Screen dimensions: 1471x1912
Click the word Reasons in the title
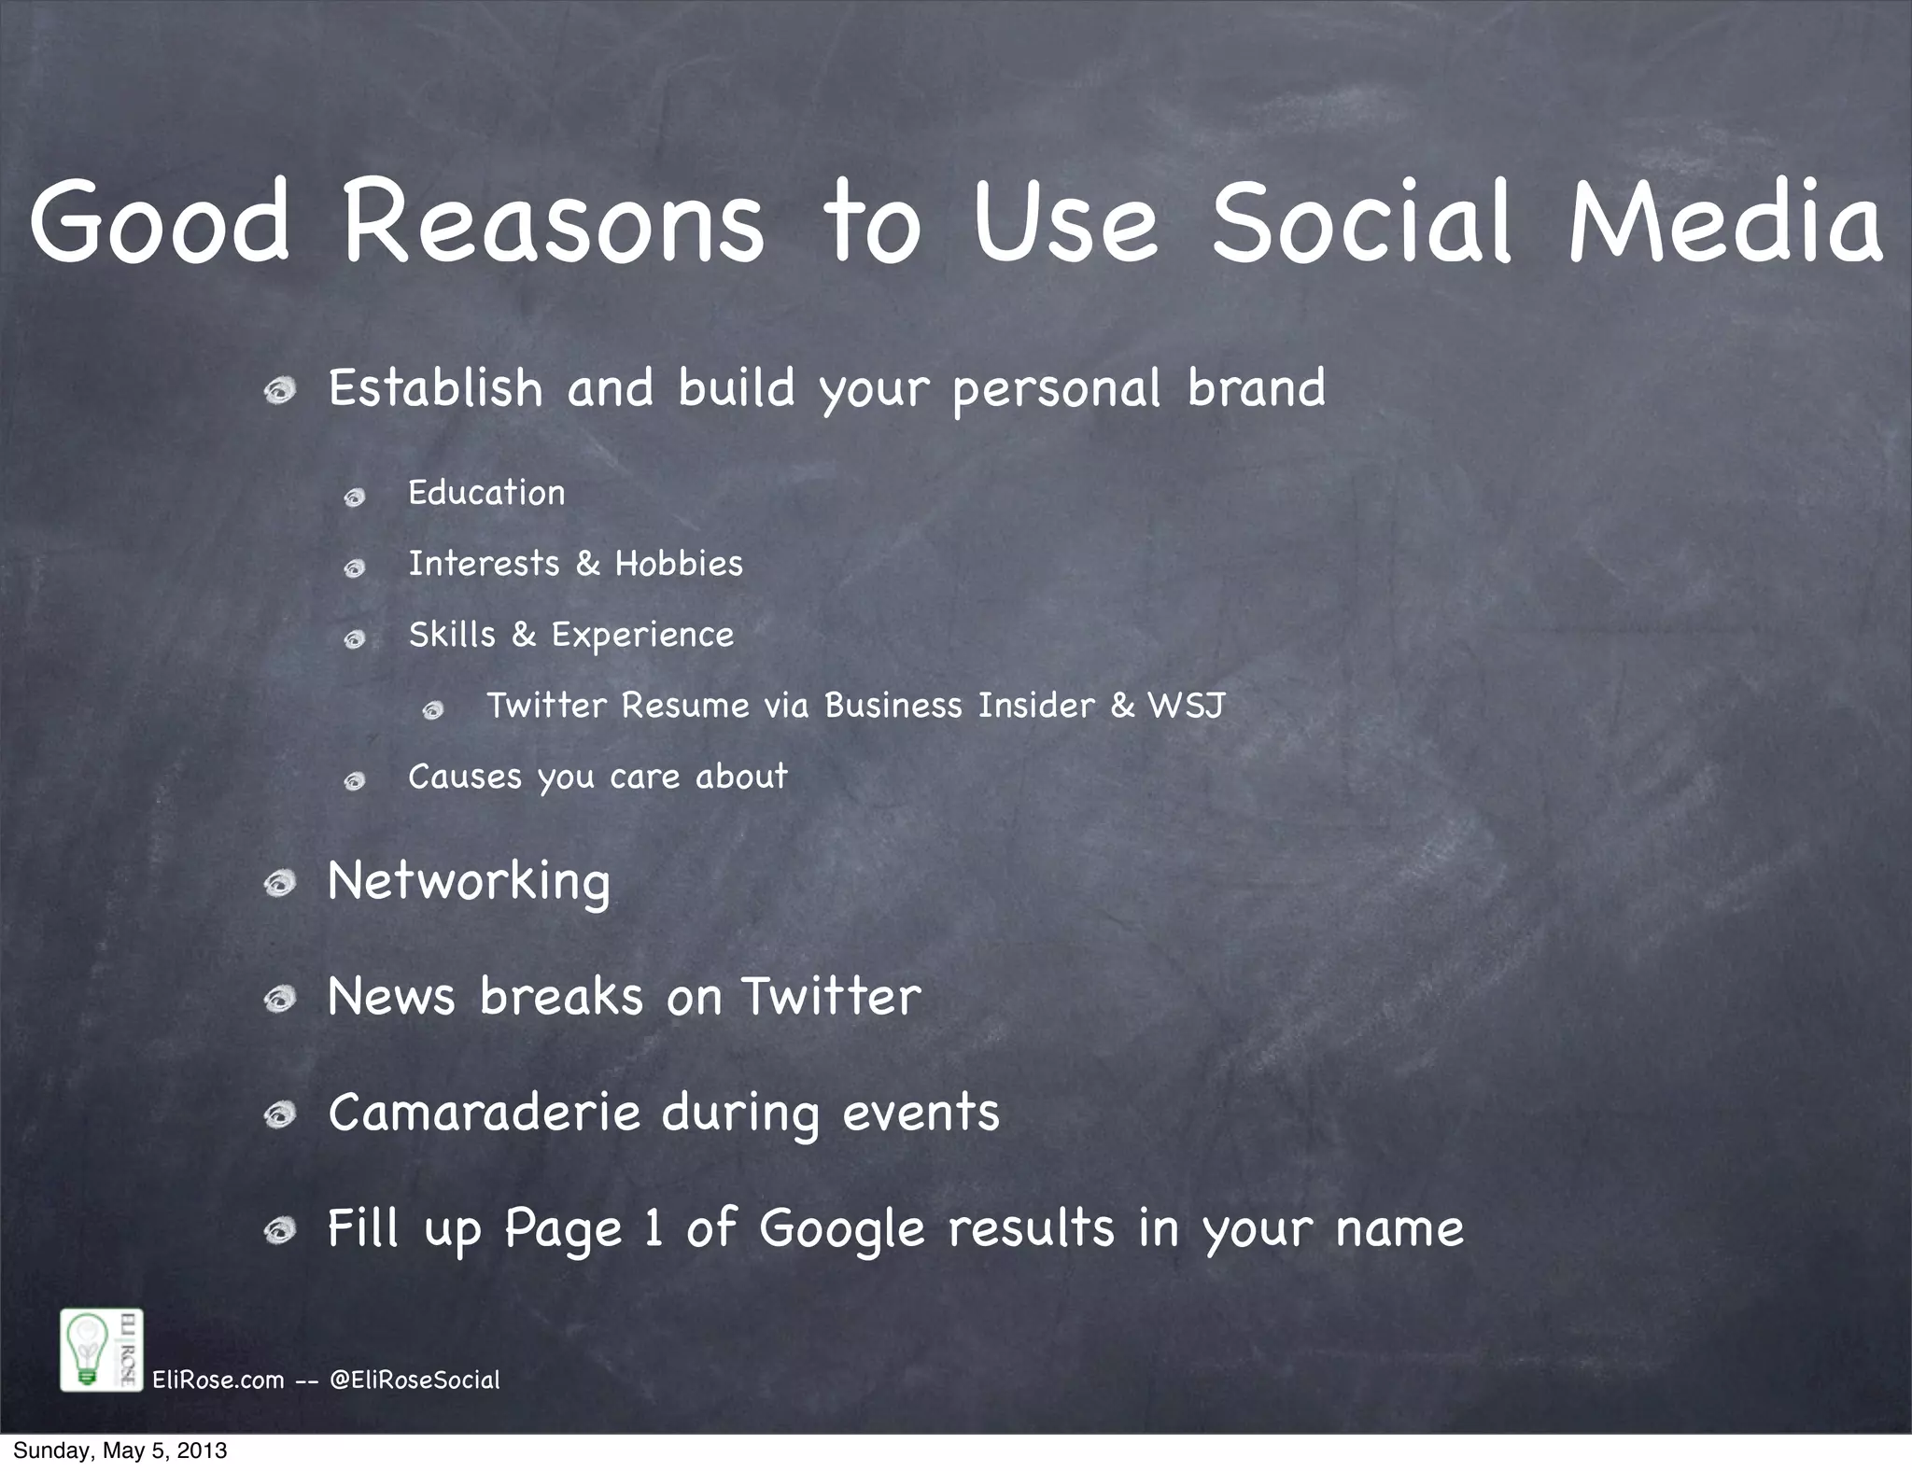coord(554,221)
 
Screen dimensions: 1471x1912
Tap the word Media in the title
coord(1725,221)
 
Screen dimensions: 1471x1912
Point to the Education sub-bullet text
coord(486,492)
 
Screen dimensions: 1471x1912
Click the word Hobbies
coord(679,564)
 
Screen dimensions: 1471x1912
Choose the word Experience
coord(642,637)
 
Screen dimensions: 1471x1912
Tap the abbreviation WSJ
coord(1186,706)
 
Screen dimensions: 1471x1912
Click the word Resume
coord(685,706)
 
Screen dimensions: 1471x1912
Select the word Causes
coord(464,777)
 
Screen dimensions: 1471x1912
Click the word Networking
coord(469,882)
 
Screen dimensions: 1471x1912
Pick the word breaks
coord(561,996)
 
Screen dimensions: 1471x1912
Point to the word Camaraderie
coord(484,1112)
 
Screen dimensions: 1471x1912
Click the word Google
coord(841,1229)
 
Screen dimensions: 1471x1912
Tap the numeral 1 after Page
coord(654,1228)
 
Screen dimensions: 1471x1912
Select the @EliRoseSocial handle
coord(415,1380)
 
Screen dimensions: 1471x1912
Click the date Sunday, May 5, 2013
coord(119,1450)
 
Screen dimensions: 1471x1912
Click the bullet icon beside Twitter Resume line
coord(432,711)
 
